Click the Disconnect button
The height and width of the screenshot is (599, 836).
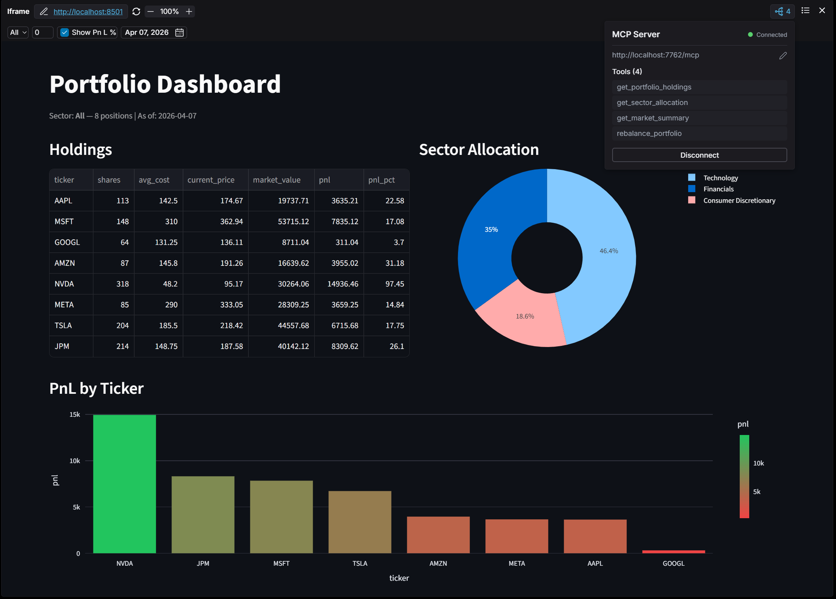pyautogui.click(x=699, y=155)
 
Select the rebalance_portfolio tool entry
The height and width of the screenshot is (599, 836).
pyautogui.click(x=699, y=134)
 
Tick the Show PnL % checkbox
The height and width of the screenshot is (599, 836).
pyautogui.click(x=65, y=32)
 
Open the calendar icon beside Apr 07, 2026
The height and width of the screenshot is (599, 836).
pyautogui.click(x=179, y=32)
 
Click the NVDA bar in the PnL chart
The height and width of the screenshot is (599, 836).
pyautogui.click(x=124, y=484)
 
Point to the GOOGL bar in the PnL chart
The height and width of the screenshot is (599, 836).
pyautogui.click(x=674, y=551)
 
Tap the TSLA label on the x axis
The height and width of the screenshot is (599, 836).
pyautogui.click(x=360, y=563)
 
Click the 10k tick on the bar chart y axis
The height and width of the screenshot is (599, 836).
pyautogui.click(x=75, y=461)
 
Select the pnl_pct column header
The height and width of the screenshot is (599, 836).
pyautogui.click(x=381, y=180)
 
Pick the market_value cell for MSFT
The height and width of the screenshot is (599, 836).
pyautogui.click(x=293, y=221)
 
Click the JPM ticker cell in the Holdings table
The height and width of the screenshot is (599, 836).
pyautogui.click(x=62, y=346)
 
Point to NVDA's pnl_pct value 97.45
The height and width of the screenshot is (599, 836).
pyautogui.click(x=395, y=284)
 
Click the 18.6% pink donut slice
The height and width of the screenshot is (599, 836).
pyautogui.click(x=523, y=317)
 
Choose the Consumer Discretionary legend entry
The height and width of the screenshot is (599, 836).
pyautogui.click(x=739, y=200)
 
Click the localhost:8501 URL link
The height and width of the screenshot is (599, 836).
pyautogui.click(x=88, y=11)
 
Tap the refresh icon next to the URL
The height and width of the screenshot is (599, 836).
pyautogui.click(x=136, y=11)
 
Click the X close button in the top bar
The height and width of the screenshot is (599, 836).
pyautogui.click(x=822, y=11)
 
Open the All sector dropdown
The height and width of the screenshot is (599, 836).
pyautogui.click(x=18, y=32)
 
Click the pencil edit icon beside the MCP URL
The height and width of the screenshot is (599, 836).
pyautogui.click(x=783, y=55)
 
